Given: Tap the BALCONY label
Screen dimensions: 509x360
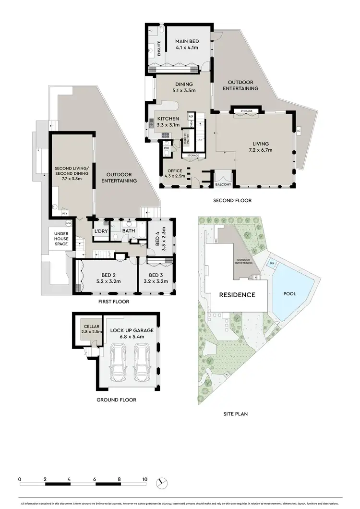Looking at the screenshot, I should (x=223, y=185).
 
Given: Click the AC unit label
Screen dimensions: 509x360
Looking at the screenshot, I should (x=299, y=131).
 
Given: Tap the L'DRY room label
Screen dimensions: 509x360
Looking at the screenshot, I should (x=101, y=231).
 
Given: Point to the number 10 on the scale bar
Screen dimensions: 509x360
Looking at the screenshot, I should (x=144, y=479).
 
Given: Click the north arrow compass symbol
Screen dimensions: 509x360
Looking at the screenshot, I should (x=162, y=482).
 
